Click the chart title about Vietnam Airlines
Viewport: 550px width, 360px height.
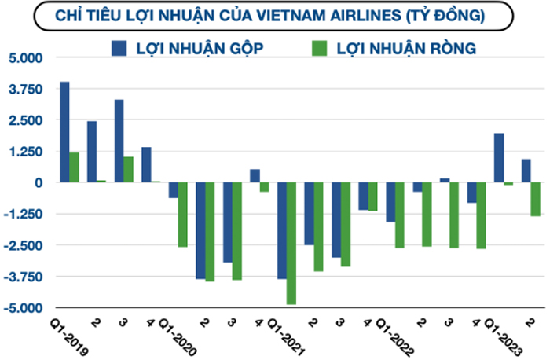270,15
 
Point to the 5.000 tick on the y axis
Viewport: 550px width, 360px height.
27,58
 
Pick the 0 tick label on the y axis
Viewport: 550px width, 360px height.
38,183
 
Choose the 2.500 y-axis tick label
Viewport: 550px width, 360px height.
27,120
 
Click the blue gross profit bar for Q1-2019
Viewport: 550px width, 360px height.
64,132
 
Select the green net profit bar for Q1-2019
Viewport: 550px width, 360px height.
74,167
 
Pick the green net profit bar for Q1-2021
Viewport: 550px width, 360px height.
291,243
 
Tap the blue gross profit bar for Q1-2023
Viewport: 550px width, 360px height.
498,158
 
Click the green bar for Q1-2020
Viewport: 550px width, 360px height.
182,215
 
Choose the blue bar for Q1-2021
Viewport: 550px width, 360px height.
281,230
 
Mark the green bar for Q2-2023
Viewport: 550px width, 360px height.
535,199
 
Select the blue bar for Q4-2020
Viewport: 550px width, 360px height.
255,175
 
